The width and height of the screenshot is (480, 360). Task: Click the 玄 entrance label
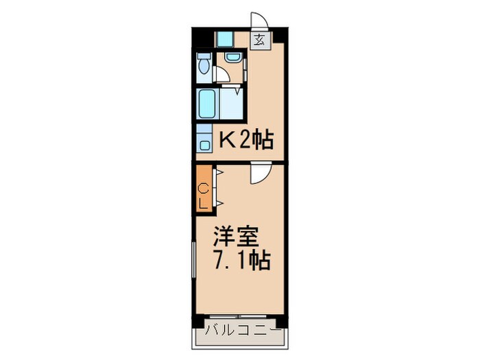(260, 40)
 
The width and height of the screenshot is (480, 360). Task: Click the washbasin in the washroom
(233, 57)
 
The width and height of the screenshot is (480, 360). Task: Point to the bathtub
(207, 104)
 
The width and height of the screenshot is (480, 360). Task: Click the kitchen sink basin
(204, 145)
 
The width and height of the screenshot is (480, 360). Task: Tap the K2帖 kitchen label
(246, 140)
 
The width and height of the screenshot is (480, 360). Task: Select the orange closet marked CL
(204, 191)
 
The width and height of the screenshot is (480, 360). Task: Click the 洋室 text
(236, 237)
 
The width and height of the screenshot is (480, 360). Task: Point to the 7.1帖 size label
(242, 261)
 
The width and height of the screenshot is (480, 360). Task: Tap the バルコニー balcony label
(243, 330)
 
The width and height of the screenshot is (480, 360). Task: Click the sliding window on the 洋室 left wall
(193, 260)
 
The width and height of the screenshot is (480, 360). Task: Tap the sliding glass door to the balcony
(238, 316)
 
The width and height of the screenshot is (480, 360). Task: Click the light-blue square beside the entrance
(225, 39)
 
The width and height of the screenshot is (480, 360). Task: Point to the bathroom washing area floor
(231, 104)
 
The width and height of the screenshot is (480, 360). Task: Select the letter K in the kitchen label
(228, 141)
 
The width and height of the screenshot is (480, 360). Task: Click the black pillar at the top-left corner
(203, 37)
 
